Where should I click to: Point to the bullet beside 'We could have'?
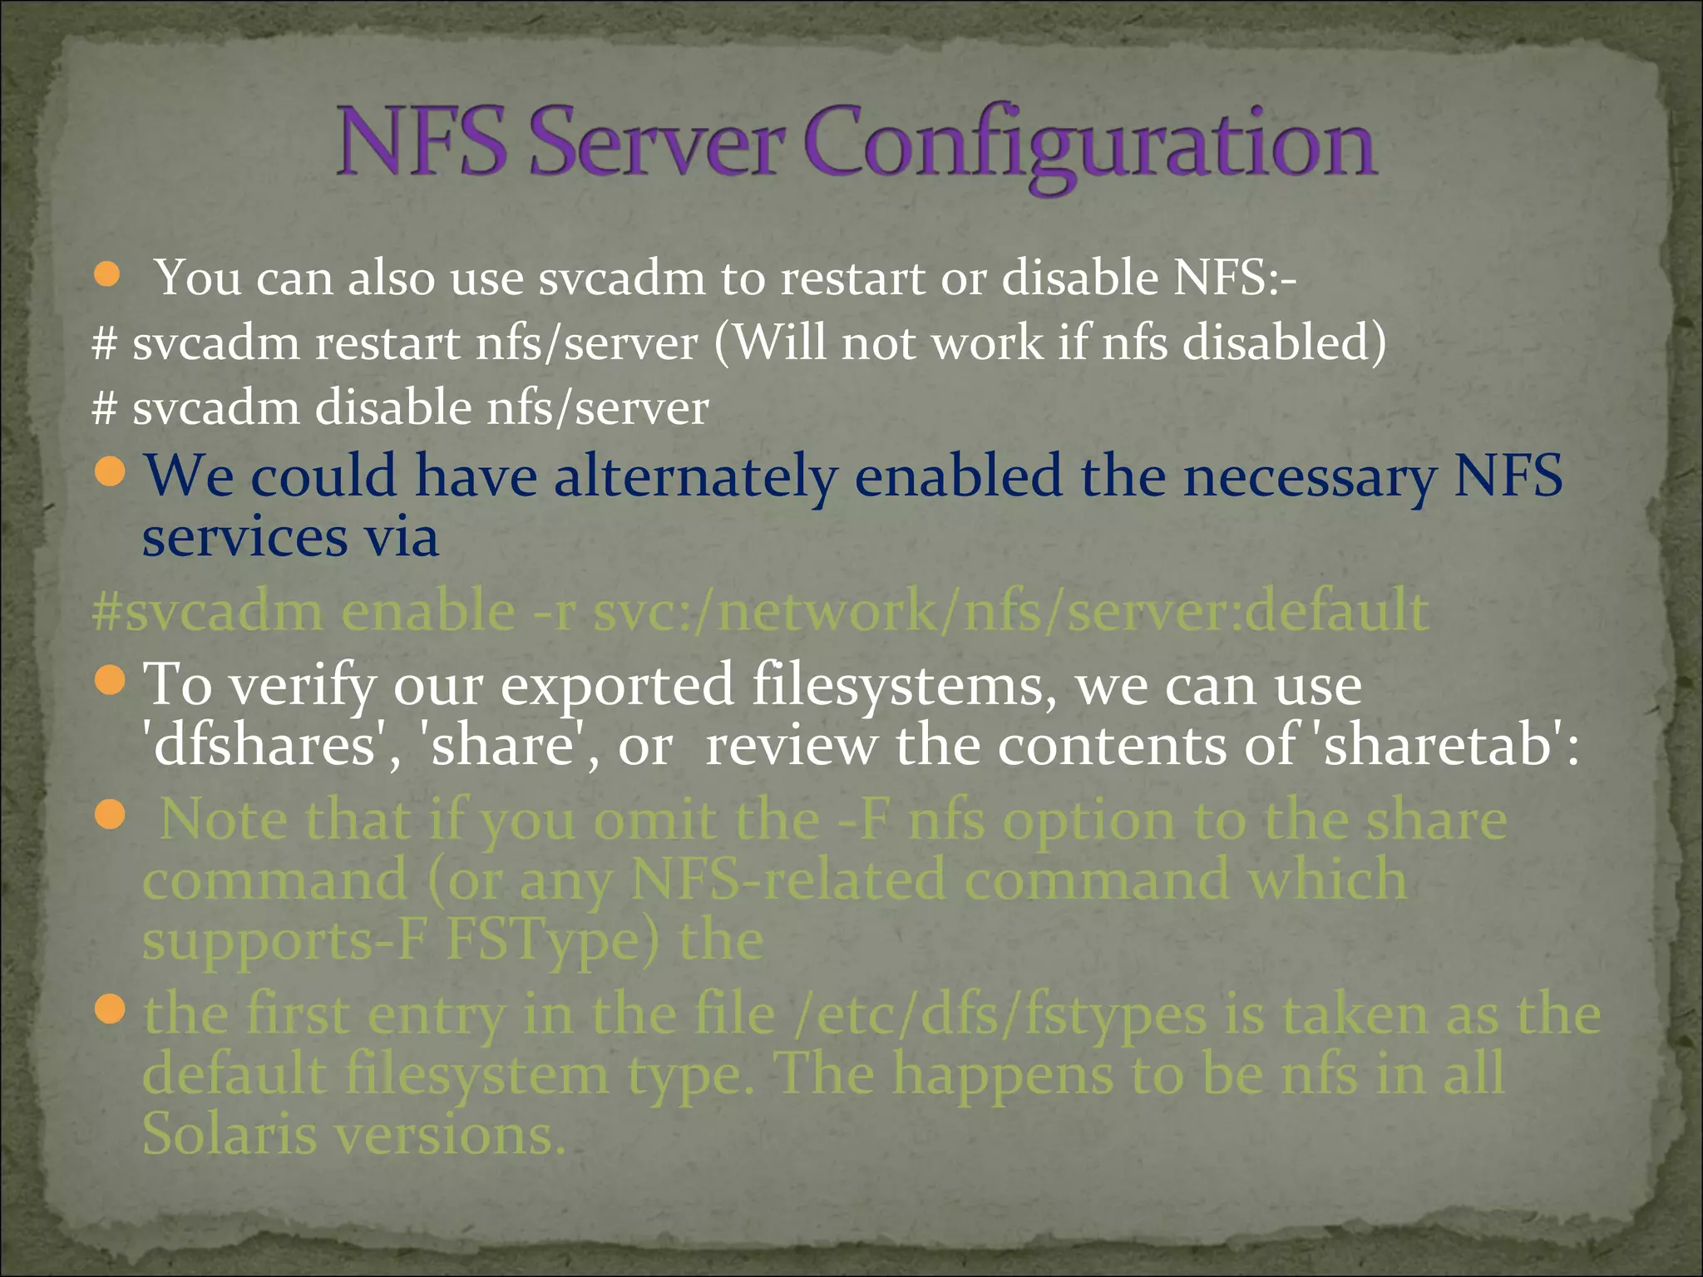[110, 473]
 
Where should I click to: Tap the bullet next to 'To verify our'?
[110, 682]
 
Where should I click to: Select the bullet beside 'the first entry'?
[110, 1011]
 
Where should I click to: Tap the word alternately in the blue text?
[695, 477]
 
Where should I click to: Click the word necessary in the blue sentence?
[1309, 477]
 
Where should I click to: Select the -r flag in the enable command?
[554, 611]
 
